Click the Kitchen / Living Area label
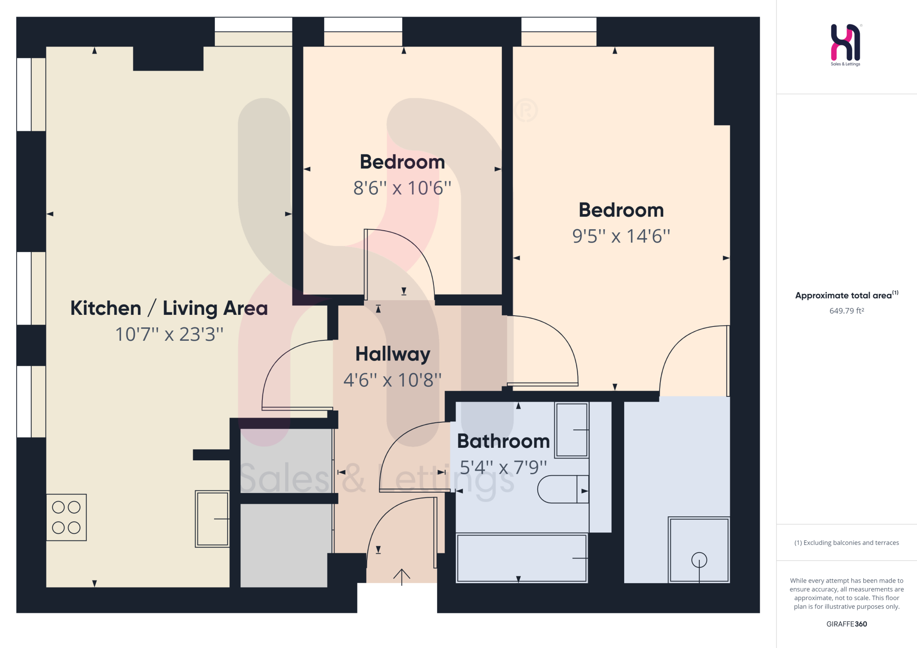169,308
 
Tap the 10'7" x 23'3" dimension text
169,334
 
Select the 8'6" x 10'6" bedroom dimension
402,188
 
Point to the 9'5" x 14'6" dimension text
621,236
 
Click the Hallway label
393,354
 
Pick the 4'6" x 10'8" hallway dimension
392,380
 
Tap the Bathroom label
503,442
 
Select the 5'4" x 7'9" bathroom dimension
503,468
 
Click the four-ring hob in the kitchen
66,517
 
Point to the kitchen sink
212,519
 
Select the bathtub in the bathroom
522,558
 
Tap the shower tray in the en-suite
698,550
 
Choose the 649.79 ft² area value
846,311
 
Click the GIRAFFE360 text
846,624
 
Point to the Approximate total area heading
846,295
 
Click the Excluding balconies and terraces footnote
846,543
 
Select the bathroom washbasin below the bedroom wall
571,430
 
